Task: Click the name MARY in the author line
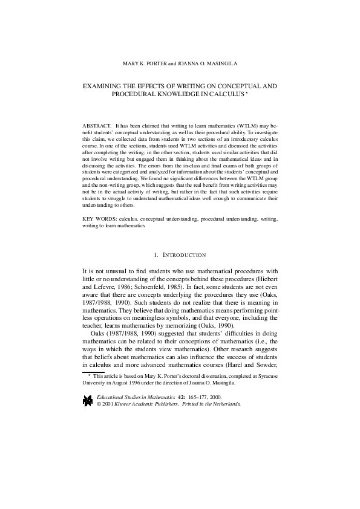(x=130, y=64)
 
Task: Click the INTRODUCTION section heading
(x=185, y=256)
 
